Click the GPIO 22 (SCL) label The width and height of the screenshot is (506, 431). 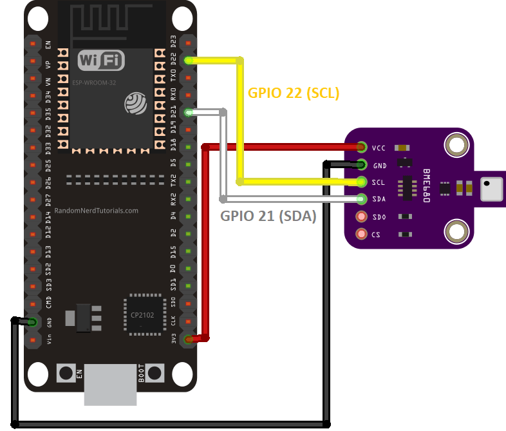point(294,93)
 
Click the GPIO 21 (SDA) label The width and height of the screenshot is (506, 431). point(268,216)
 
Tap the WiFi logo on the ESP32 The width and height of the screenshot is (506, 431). point(101,61)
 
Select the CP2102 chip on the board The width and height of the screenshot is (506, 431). point(144,315)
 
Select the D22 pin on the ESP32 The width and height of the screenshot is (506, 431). point(188,61)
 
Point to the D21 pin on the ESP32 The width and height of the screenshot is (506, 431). point(188,113)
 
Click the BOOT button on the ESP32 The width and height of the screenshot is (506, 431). point(155,372)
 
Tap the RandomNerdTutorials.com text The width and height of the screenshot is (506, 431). point(97,211)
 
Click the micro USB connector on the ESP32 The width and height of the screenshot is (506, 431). point(111,384)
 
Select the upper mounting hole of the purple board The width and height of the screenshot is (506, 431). point(457,144)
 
